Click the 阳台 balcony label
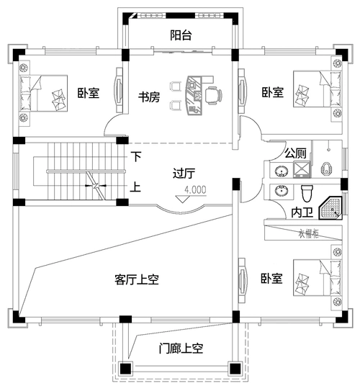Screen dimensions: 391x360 181,35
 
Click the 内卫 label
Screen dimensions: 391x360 302,212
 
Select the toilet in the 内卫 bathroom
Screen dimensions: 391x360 307,192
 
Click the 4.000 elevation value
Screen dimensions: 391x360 196,190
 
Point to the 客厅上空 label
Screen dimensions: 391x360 137,279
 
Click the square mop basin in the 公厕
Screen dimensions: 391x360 302,170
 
